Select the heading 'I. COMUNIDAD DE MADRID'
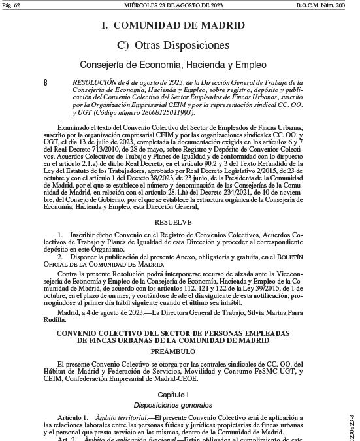click(x=173, y=26)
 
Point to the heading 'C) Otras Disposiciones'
click(x=173, y=45)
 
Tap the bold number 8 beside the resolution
click(x=45, y=83)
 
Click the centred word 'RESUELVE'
click(x=173, y=222)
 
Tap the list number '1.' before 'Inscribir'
click(x=60, y=234)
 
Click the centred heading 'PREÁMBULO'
click(x=173, y=351)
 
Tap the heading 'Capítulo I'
click(x=173, y=394)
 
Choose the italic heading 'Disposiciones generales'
click(x=173, y=405)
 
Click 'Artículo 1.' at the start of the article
click(x=73, y=417)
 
